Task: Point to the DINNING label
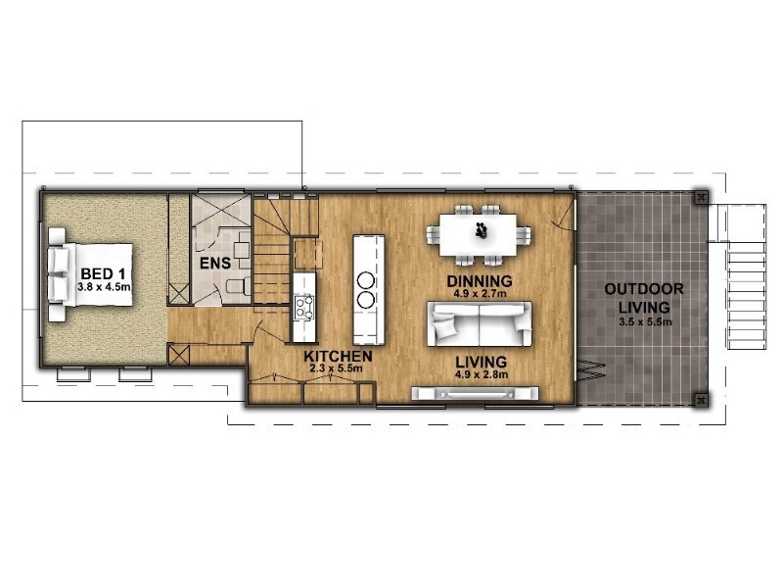pyautogui.click(x=480, y=281)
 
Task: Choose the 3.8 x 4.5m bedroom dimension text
pyautogui.click(x=104, y=288)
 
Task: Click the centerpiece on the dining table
pyautogui.click(x=481, y=231)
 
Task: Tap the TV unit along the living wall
pyautogui.click(x=475, y=394)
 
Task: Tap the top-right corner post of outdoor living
pyautogui.click(x=701, y=198)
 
